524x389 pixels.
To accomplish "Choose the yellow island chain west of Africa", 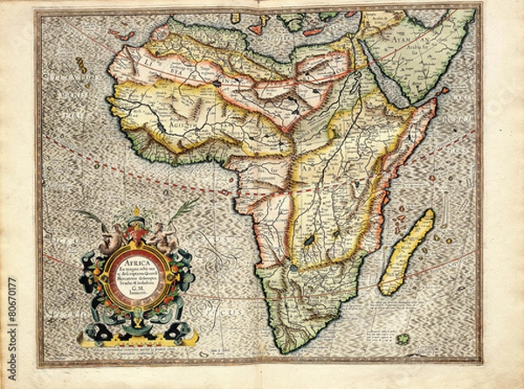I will pos(79,65).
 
